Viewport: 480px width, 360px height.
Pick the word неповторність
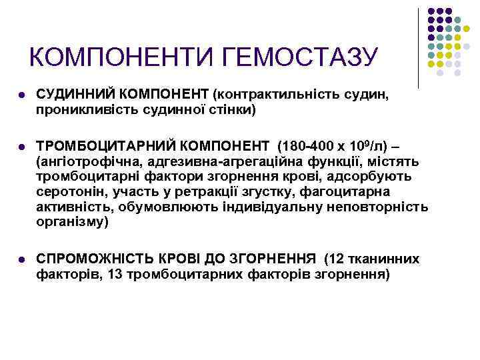[x=377, y=207]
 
